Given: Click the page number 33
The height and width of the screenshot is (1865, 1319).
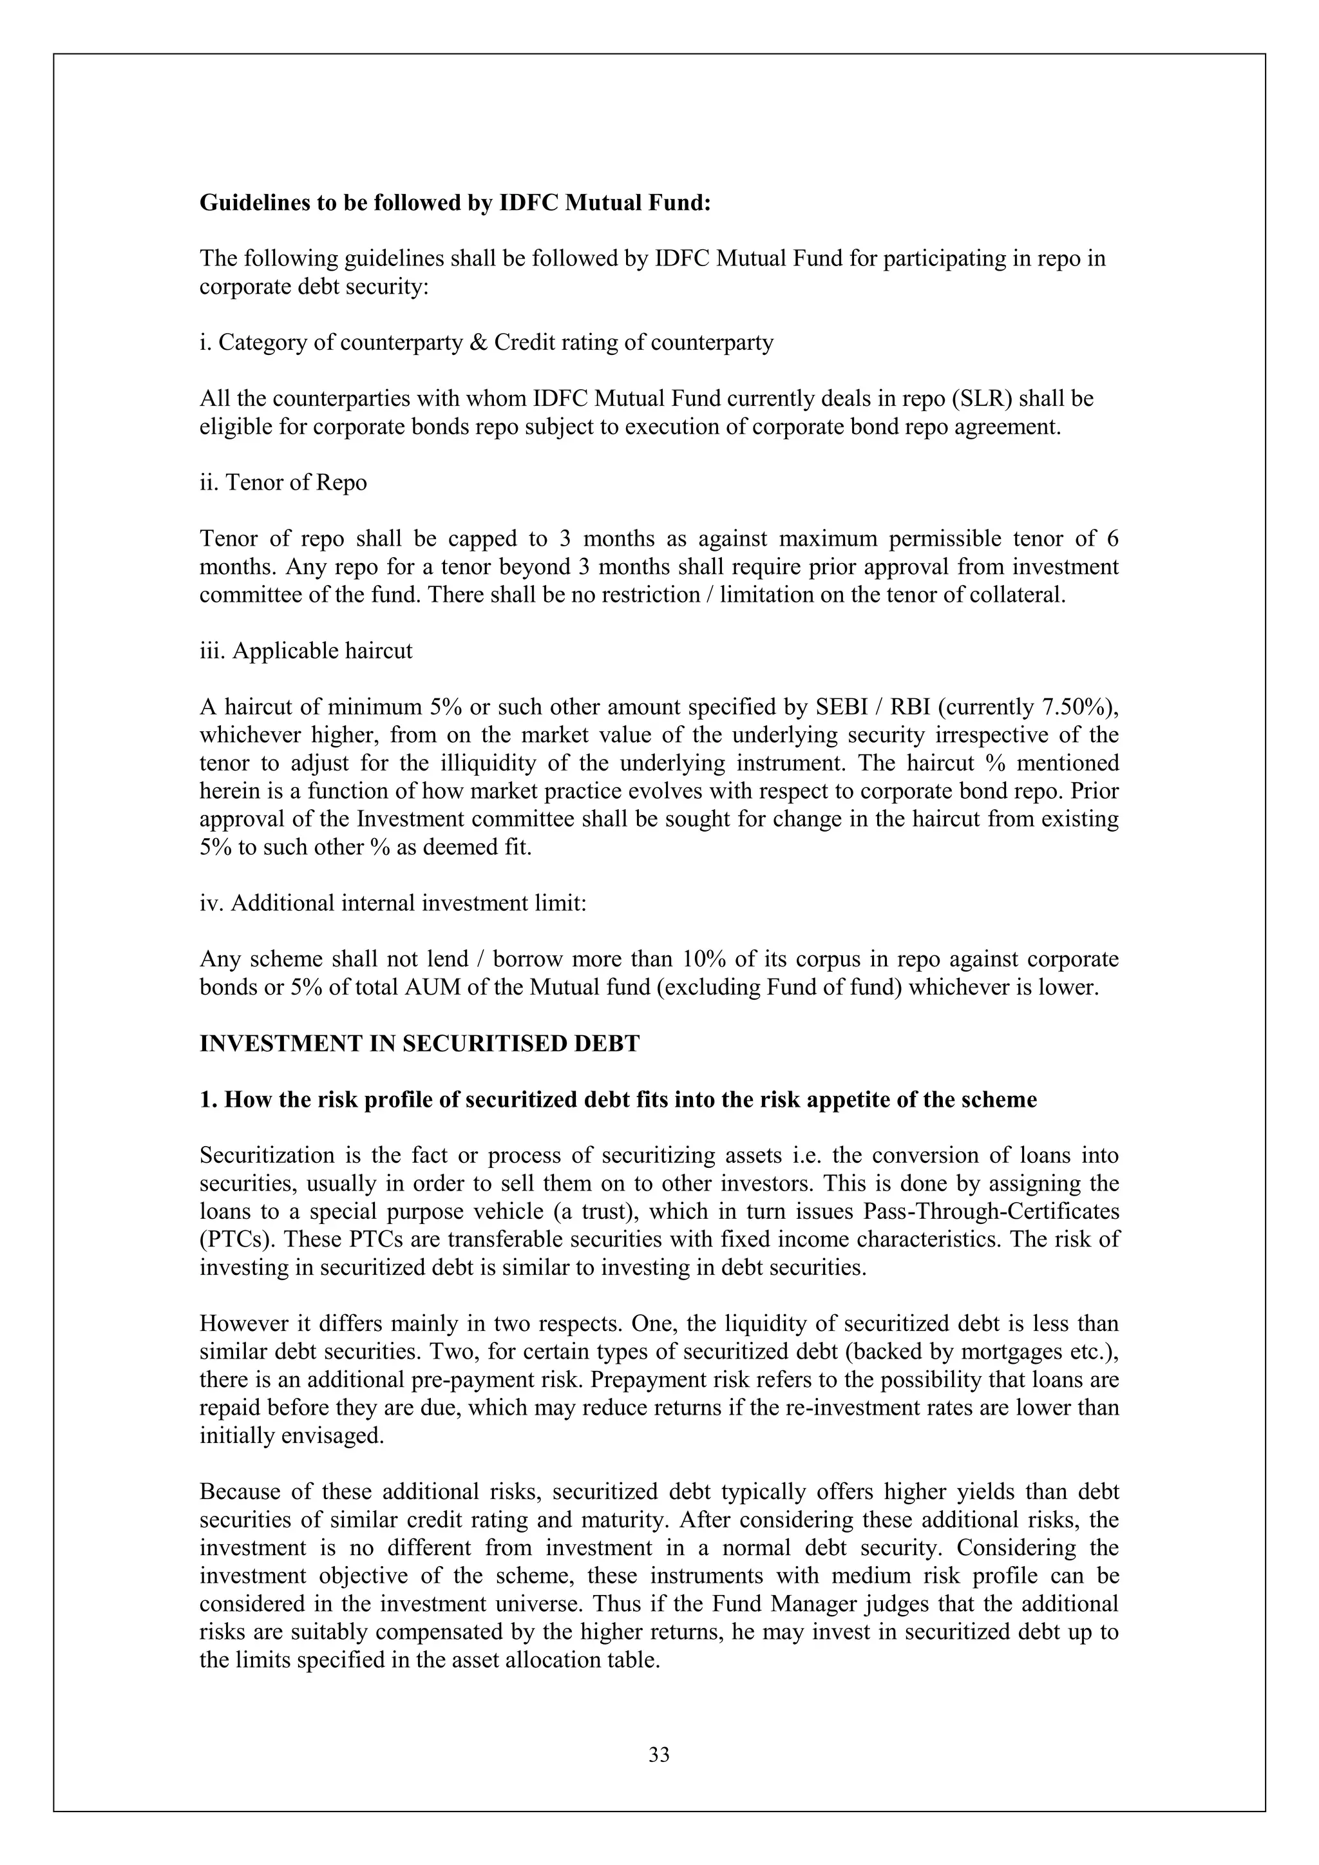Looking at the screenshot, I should [x=659, y=1755].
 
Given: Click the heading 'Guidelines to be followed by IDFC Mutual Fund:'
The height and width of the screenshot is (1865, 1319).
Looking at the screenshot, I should [x=455, y=202].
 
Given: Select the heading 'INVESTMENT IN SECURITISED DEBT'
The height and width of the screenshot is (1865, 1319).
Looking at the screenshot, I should [x=419, y=1044].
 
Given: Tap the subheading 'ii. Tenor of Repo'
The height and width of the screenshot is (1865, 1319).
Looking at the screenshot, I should [x=283, y=483].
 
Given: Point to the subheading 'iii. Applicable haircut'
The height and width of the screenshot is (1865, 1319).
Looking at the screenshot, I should [x=305, y=651].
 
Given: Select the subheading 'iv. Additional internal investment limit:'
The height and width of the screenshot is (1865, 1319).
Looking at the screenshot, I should [x=393, y=903].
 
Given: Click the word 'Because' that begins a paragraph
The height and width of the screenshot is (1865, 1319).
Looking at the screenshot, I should [x=234, y=1492].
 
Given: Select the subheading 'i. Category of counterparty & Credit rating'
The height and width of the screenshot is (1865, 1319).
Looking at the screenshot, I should [x=486, y=343].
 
